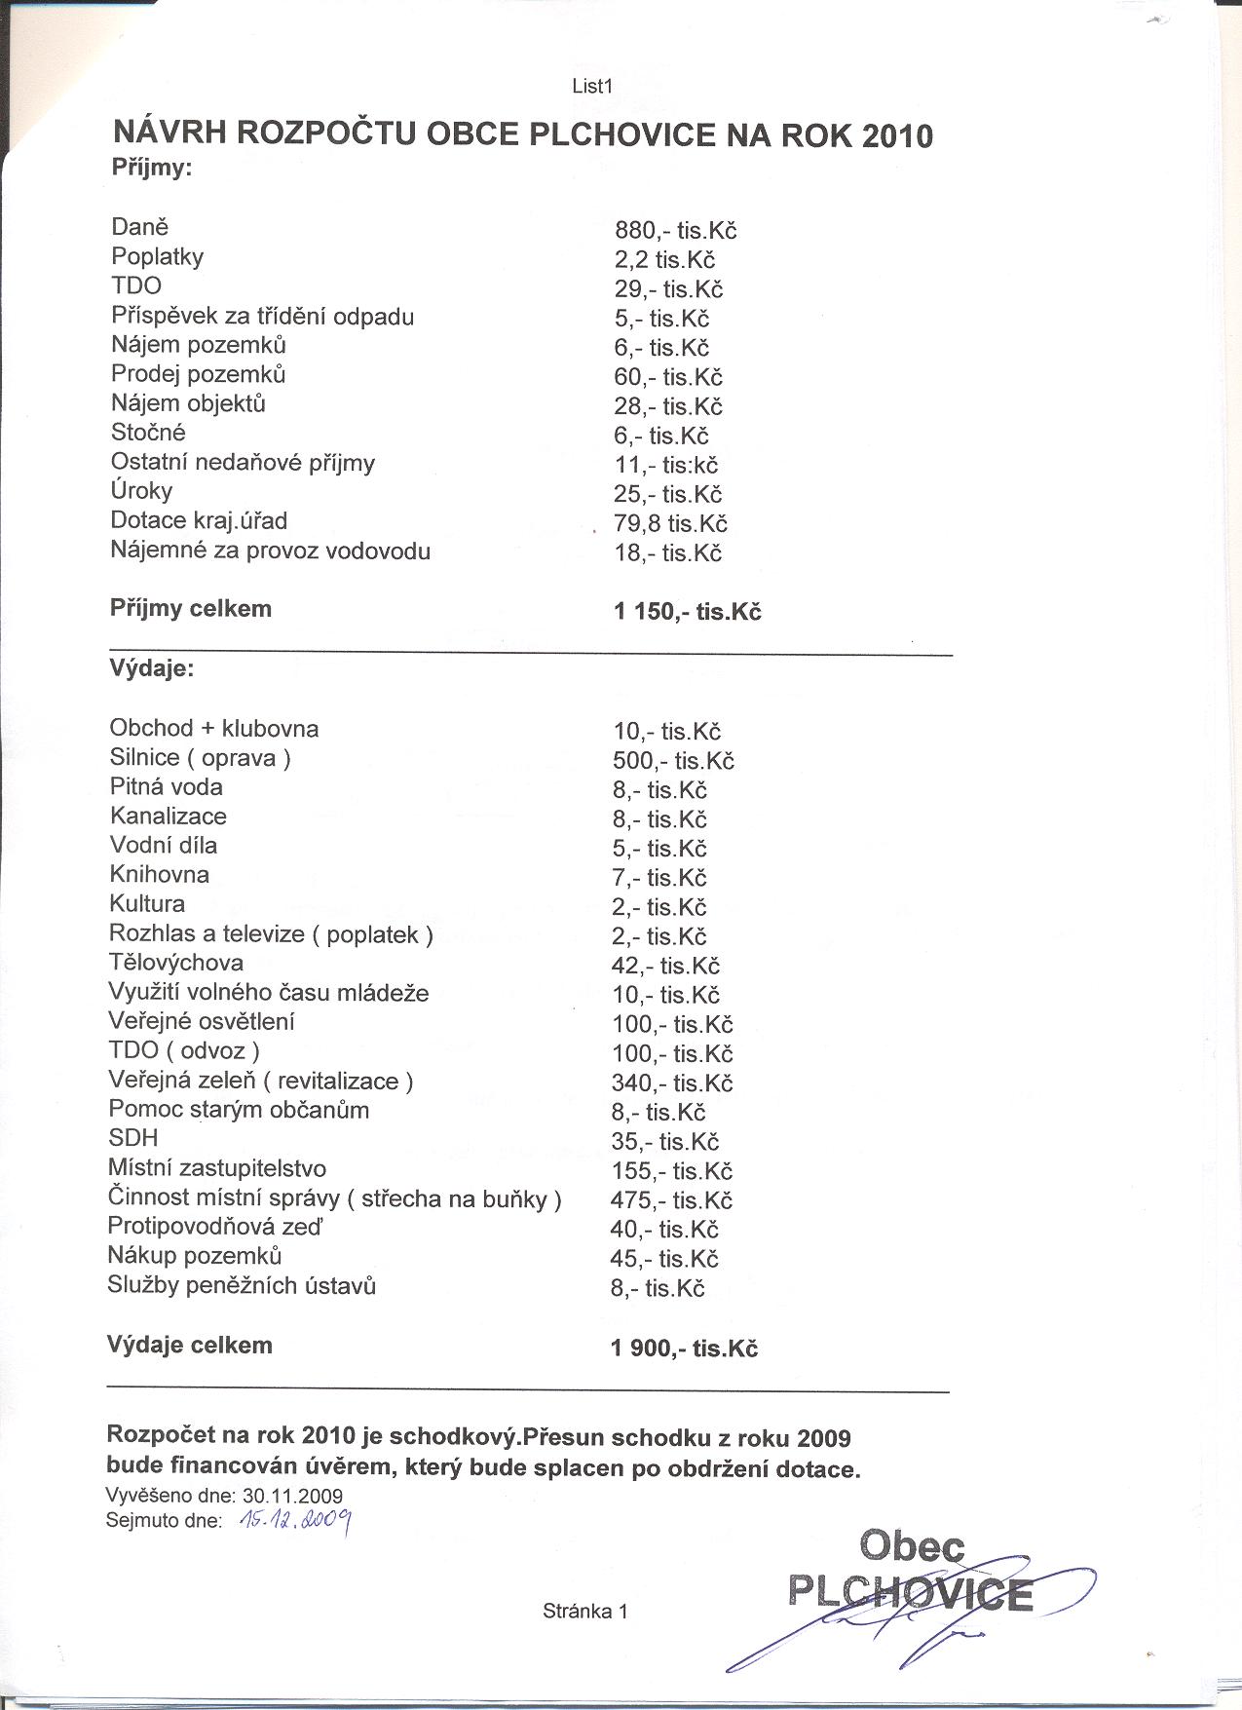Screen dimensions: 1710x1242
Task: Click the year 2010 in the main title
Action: pyautogui.click(x=897, y=135)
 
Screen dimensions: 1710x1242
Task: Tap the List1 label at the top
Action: pyautogui.click(x=591, y=86)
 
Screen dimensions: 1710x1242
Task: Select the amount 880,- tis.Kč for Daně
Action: pyautogui.click(x=675, y=231)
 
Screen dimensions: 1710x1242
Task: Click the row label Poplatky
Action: pyautogui.click(x=158, y=257)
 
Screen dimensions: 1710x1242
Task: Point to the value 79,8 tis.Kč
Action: pyautogui.click(x=670, y=523)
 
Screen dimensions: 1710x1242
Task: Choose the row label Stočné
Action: pyautogui.click(x=148, y=433)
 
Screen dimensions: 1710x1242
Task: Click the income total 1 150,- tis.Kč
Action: pyautogui.click(x=687, y=612)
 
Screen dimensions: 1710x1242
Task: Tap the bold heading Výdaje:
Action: pyautogui.click(x=151, y=669)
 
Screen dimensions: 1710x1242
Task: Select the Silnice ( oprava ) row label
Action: pyautogui.click(x=201, y=758)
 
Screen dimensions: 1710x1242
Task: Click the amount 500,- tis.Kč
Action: pyautogui.click(x=673, y=761)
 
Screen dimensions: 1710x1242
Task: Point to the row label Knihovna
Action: pyautogui.click(x=160, y=875)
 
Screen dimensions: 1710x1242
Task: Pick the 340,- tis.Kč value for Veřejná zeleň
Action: pyautogui.click(x=671, y=1083)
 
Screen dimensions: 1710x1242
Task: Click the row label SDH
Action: pyautogui.click(x=133, y=1138)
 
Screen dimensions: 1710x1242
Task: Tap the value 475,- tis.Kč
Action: pyautogui.click(x=671, y=1199)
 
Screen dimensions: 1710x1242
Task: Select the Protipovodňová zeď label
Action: pyautogui.click(x=214, y=1227)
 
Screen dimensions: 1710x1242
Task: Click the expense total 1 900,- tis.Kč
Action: pyautogui.click(x=684, y=1349)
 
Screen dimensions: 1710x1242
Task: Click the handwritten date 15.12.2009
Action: pyautogui.click(x=294, y=1521)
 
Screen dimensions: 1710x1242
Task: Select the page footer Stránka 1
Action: pyautogui.click(x=585, y=1611)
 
